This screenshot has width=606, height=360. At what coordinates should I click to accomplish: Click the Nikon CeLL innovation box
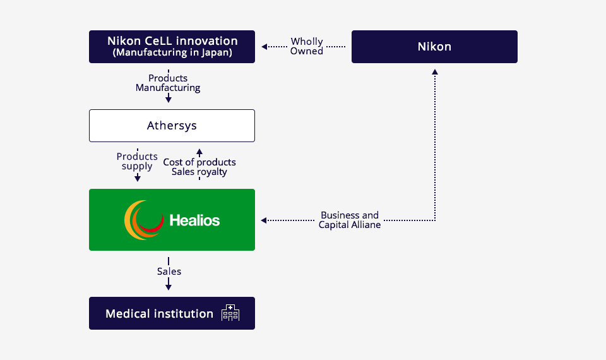tap(172, 47)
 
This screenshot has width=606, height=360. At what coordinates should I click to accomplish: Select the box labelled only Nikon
tap(434, 47)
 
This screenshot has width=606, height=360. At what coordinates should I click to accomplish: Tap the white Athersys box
tap(172, 126)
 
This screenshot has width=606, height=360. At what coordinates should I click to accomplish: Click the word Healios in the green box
tap(194, 220)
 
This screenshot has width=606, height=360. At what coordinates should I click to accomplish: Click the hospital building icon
tap(230, 313)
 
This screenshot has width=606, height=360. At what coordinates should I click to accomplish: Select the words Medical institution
tap(159, 314)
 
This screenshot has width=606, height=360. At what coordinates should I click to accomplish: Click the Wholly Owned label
tap(307, 46)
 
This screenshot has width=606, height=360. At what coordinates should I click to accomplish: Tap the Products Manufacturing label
tap(168, 83)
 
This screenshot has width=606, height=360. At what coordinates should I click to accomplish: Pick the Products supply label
tap(137, 161)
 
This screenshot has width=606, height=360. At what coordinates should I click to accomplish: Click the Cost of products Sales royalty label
tap(199, 167)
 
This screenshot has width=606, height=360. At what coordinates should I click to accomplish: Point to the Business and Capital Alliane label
tap(349, 220)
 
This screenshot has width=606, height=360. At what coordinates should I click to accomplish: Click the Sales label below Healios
tap(169, 272)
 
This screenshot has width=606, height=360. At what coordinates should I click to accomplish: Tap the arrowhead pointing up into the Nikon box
tap(435, 72)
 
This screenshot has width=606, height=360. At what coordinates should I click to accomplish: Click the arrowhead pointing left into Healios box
tap(264, 220)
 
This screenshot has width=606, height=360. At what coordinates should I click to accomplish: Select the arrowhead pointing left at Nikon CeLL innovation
tap(264, 47)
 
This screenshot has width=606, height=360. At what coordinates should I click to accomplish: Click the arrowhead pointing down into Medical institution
tap(169, 287)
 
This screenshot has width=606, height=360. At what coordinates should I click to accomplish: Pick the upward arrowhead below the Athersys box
tap(199, 152)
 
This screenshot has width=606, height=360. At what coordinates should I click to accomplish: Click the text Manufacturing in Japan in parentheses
tap(172, 52)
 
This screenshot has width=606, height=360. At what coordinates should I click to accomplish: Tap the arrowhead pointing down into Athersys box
tap(169, 100)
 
